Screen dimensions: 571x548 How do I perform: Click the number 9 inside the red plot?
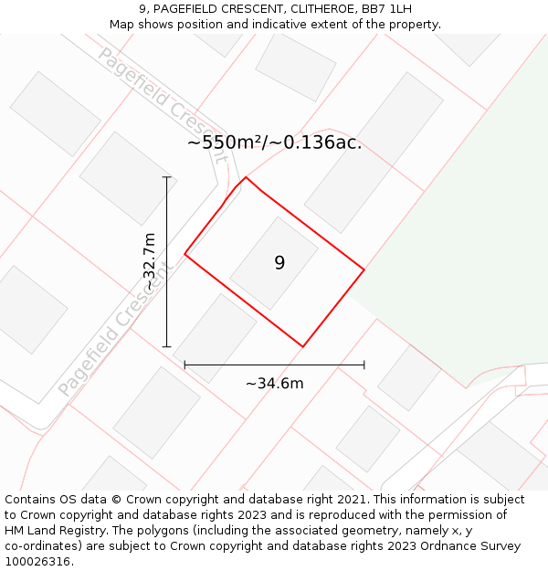279,263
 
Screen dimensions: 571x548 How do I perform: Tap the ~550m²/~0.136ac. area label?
274,143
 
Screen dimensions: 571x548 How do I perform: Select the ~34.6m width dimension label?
274,384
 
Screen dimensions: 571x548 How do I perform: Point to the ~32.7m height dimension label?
150,262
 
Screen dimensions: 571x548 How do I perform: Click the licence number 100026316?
37,562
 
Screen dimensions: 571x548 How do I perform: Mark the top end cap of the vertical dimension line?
166,177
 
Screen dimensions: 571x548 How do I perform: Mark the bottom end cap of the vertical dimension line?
166,347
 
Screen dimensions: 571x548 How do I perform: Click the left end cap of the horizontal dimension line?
185,365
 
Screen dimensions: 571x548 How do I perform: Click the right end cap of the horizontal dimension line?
364,365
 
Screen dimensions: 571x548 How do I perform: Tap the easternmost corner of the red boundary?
364,270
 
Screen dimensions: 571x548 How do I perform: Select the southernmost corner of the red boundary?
302,346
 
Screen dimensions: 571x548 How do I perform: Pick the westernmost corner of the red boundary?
185,254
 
